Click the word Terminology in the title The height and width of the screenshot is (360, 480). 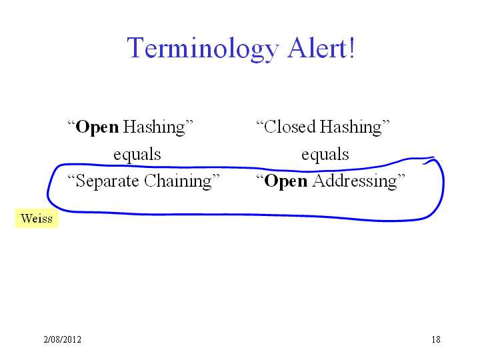(203, 49)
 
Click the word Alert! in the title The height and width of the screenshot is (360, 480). (321, 47)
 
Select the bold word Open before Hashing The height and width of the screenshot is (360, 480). (97, 127)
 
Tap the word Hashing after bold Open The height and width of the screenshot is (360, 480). (154, 127)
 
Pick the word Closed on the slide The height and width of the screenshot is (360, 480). (289, 127)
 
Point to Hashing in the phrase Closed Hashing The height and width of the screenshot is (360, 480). (351, 127)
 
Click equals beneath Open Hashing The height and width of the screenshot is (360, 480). (137, 155)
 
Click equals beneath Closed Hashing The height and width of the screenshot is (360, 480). (325, 155)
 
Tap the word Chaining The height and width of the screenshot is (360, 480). (178, 181)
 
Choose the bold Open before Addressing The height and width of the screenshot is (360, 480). (285, 181)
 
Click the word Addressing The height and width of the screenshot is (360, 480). (355, 181)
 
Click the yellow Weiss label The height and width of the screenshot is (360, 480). (37, 219)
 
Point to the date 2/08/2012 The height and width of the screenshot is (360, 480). (63, 339)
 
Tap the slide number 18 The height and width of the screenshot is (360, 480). (436, 339)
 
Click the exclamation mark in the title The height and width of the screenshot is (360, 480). (352, 47)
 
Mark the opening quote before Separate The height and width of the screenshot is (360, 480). (71, 177)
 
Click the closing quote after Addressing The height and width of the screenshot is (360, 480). (401, 177)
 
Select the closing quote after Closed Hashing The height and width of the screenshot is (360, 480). (386, 123)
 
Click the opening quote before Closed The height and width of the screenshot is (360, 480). (259, 123)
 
